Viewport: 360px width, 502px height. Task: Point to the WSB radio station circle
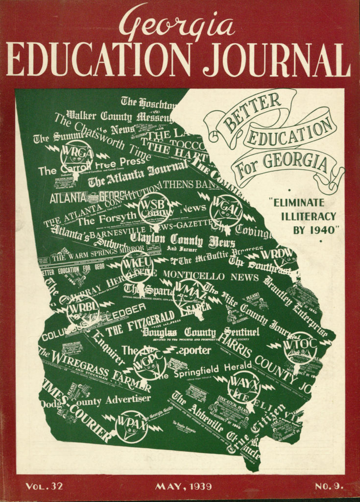pos(154,208)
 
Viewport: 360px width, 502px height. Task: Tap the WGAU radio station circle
pos(226,210)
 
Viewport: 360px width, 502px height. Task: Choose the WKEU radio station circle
pos(137,266)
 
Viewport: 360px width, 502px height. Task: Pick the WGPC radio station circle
pos(149,363)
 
